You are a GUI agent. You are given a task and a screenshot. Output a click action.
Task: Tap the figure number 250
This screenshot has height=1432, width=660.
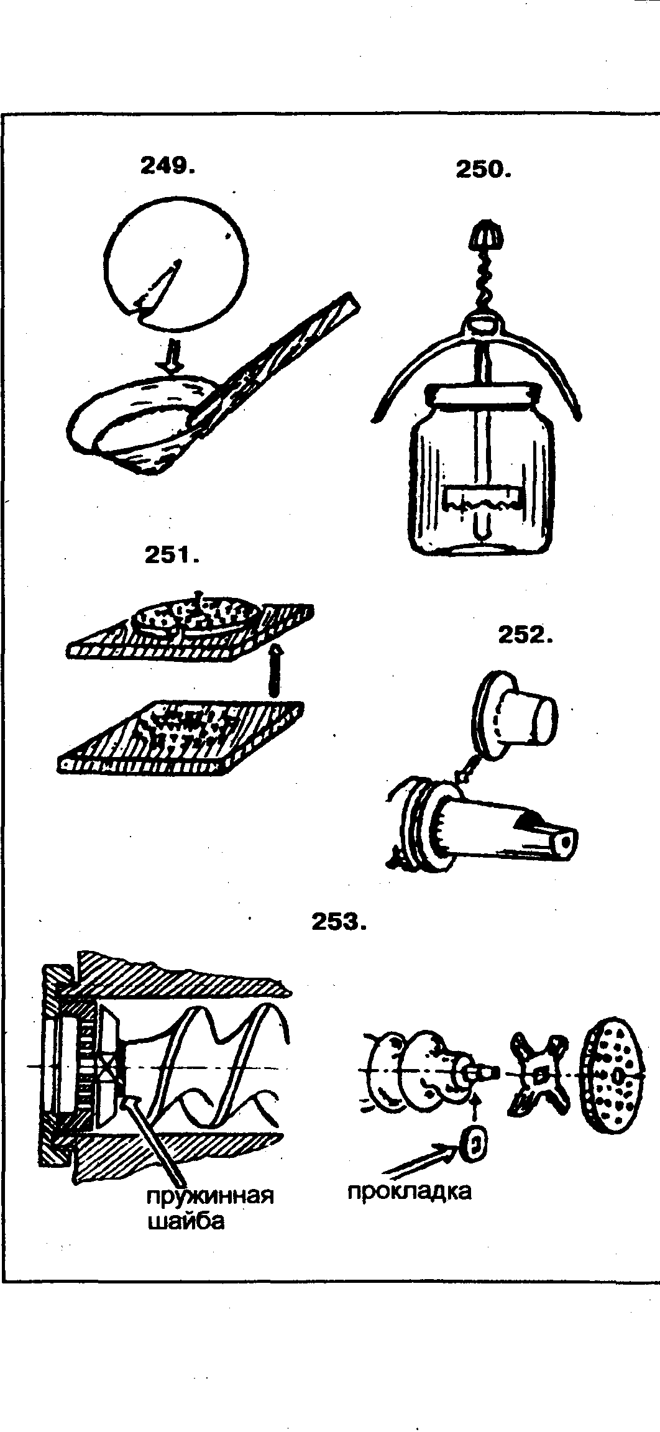tap(483, 170)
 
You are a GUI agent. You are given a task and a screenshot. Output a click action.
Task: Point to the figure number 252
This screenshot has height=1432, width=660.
tap(525, 635)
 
